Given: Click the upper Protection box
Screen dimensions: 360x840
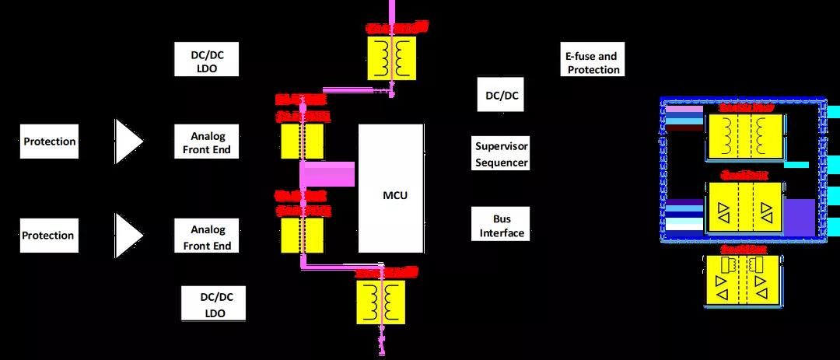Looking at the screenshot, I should [x=49, y=142].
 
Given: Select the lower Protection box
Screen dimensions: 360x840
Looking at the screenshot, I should [x=48, y=235].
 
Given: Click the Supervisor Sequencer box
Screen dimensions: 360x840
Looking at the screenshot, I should [x=502, y=154].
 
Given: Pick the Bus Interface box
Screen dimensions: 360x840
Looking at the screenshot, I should [x=502, y=225].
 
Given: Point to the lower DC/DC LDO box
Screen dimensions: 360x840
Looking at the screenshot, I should [x=212, y=304].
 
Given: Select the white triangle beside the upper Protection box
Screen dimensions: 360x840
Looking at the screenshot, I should [x=128, y=142].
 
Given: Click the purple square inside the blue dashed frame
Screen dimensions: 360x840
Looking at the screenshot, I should [x=799, y=217].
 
